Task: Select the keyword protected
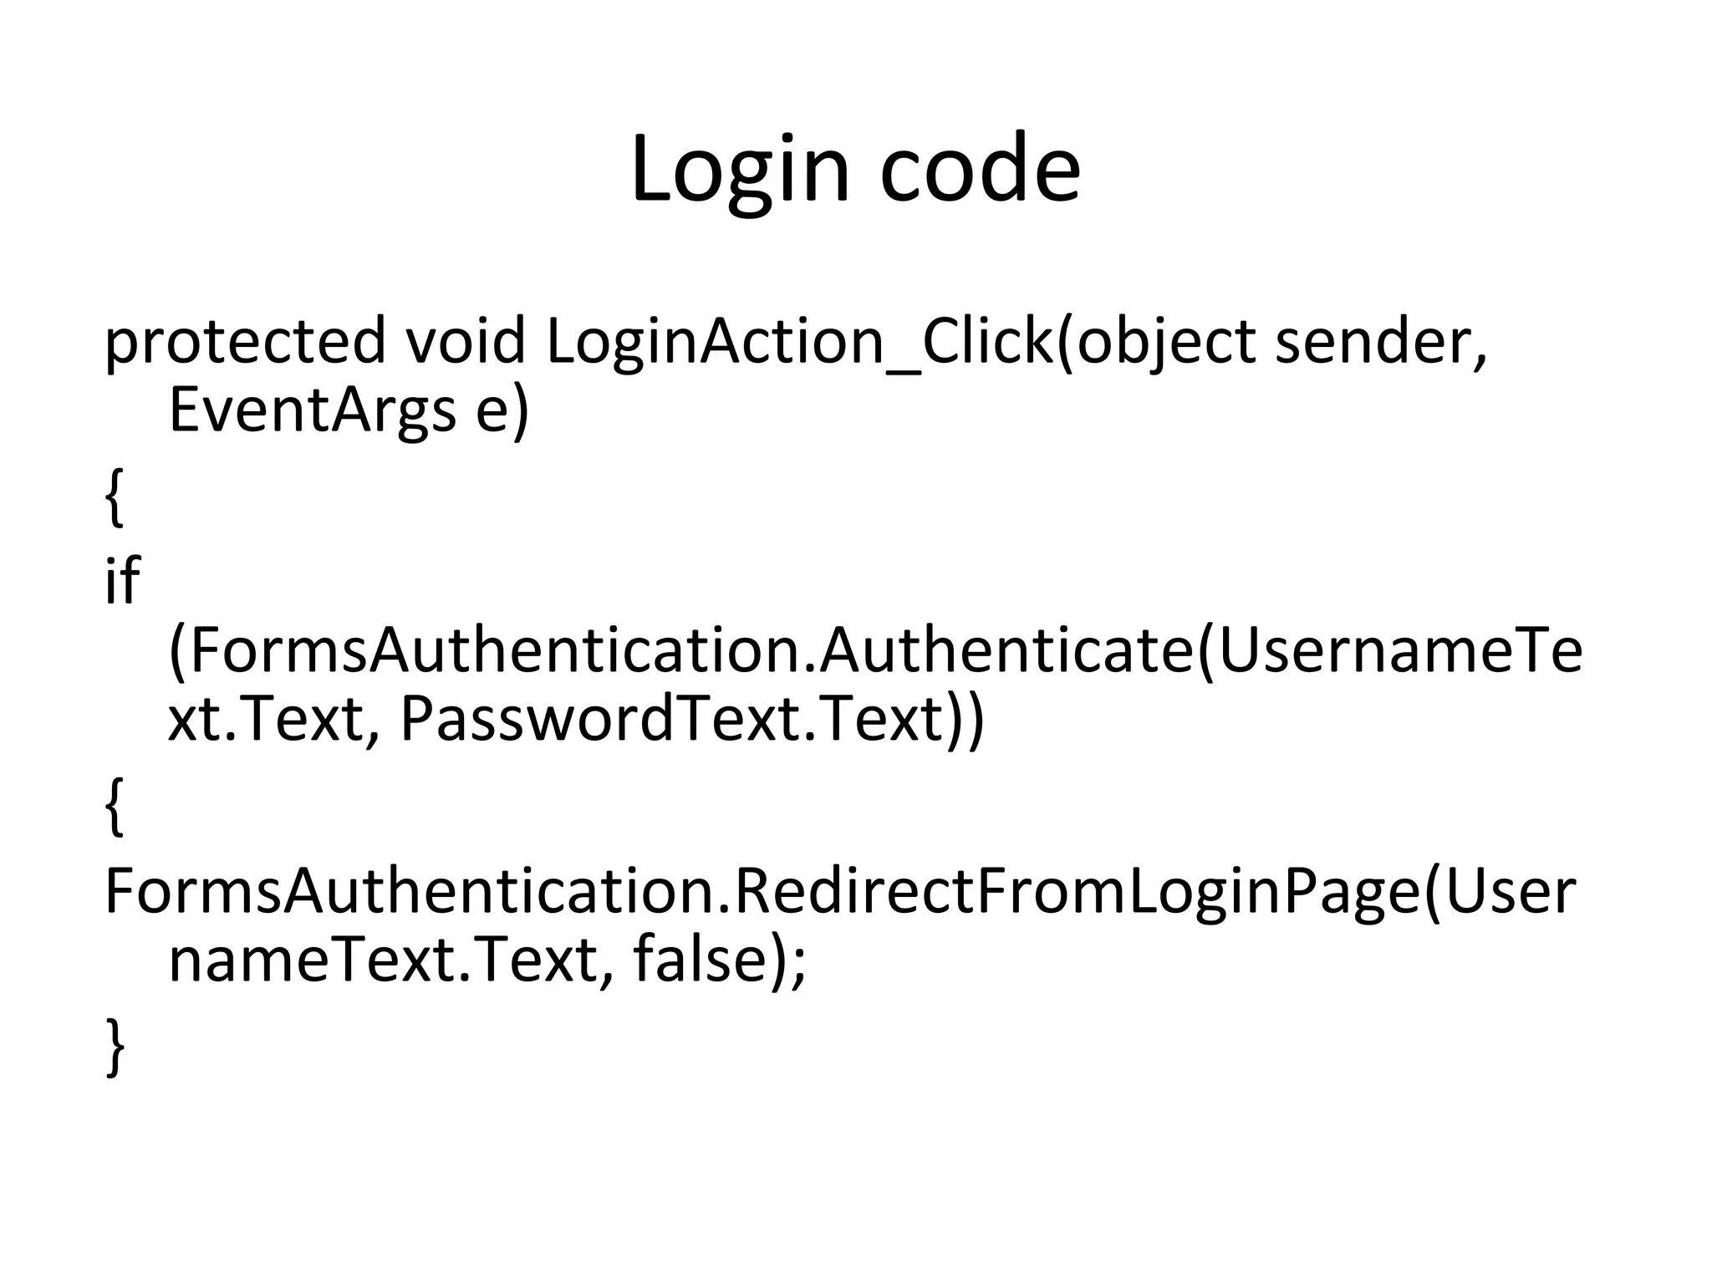[244, 342]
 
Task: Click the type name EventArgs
[312, 410]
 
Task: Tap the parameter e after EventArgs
[492, 410]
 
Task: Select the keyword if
[122, 580]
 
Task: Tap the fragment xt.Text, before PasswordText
[267, 719]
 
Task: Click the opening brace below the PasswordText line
[115, 807]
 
